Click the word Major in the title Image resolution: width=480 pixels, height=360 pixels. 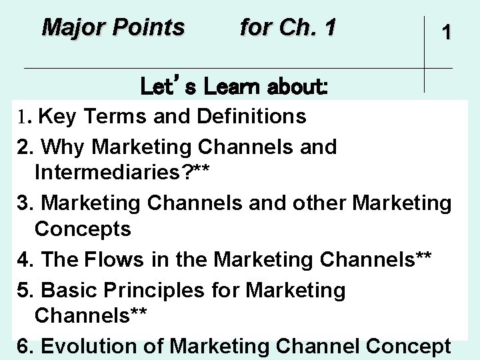(71, 28)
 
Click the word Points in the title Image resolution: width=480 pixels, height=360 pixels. (147, 28)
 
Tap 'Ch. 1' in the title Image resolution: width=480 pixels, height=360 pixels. (310, 28)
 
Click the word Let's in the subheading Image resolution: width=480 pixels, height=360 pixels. (169, 87)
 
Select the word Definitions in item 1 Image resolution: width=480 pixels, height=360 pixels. (251, 117)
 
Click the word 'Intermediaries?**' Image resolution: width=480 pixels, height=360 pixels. (123, 174)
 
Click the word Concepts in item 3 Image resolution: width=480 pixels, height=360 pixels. (83, 230)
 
